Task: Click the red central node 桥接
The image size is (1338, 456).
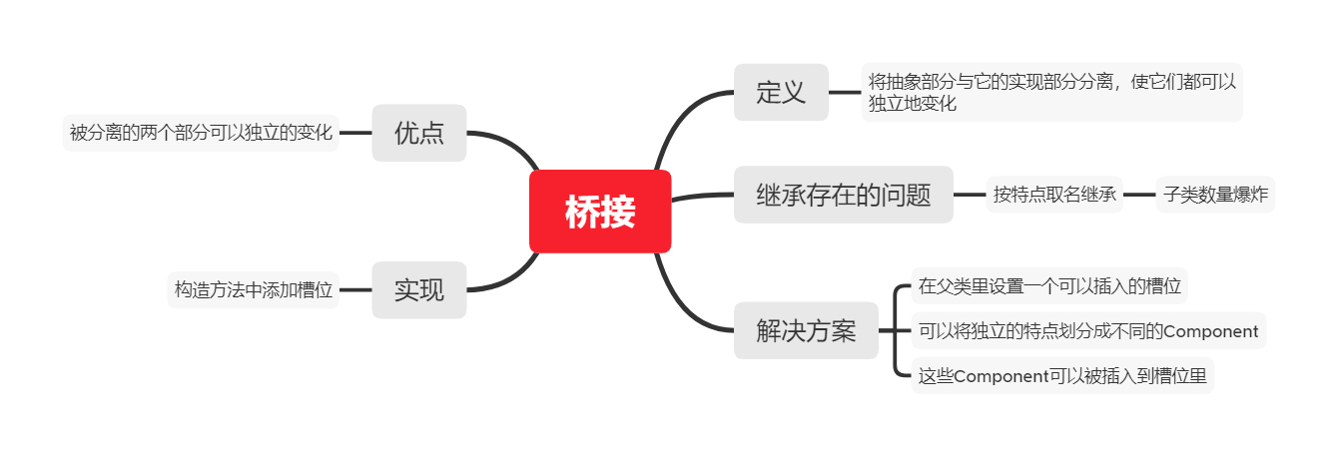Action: click(600, 212)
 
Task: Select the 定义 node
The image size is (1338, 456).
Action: click(781, 93)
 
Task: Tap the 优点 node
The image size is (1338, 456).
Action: click(419, 133)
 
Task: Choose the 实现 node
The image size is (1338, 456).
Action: click(419, 290)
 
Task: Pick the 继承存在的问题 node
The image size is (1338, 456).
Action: click(844, 195)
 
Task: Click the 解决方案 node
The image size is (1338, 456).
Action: click(806, 330)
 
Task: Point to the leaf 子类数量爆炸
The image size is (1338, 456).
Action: click(1215, 195)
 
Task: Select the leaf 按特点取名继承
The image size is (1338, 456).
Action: click(1054, 195)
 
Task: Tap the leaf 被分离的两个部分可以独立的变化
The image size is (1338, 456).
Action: click(201, 133)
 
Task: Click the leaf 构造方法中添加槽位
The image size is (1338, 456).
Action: click(254, 290)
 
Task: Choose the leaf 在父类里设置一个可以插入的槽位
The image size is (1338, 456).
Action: click(1049, 285)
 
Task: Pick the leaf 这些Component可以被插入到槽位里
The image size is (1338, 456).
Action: click(1062, 376)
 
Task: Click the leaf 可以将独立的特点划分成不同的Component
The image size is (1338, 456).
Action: click(1088, 331)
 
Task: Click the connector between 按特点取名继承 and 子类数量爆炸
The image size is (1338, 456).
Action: click(1139, 195)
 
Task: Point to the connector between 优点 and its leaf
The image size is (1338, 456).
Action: click(355, 133)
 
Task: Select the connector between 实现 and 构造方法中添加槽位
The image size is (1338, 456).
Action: click(355, 290)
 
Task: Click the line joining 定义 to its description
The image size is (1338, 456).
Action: click(845, 93)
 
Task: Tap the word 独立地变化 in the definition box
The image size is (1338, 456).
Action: click(913, 103)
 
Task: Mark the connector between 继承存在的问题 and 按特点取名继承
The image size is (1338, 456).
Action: click(970, 195)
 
